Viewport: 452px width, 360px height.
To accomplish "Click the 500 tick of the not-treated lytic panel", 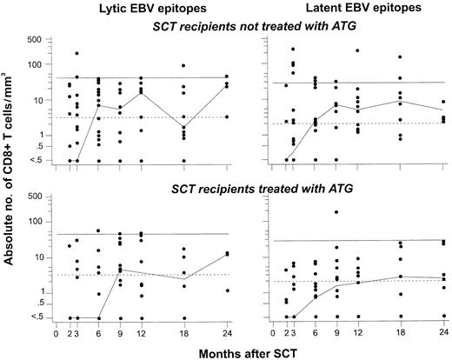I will [37, 40].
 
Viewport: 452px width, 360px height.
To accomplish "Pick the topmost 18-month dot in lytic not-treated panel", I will [183, 66].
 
